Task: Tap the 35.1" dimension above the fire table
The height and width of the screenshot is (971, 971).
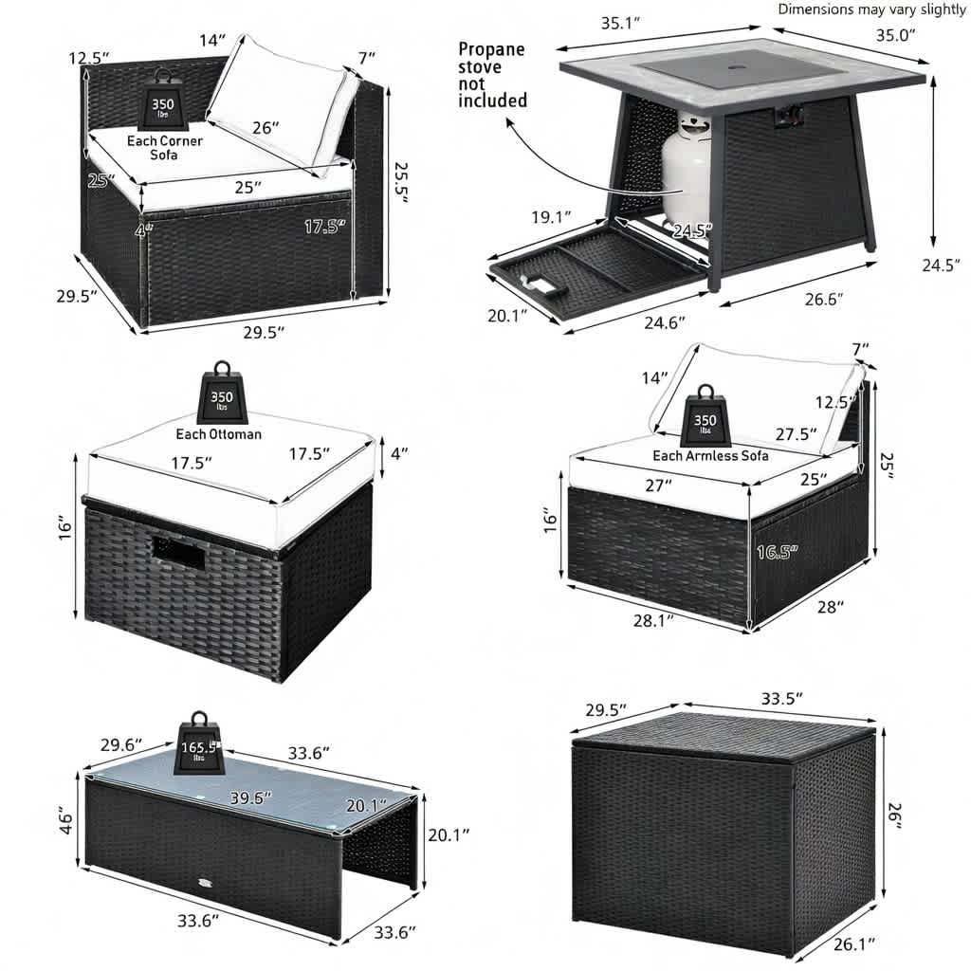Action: click(x=620, y=24)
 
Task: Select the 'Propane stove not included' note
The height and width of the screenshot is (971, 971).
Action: click(x=492, y=75)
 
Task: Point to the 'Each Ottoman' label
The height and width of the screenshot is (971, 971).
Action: click(x=219, y=434)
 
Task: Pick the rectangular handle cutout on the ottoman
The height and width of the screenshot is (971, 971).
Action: click(x=178, y=553)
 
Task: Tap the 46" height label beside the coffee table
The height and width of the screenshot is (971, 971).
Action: click(x=65, y=819)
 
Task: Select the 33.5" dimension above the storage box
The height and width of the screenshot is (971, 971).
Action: click(x=782, y=699)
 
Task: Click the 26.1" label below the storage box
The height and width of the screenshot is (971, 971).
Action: click(x=854, y=944)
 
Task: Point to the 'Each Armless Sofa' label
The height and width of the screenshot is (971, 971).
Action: click(x=710, y=456)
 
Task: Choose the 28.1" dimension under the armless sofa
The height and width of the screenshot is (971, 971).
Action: click(x=653, y=620)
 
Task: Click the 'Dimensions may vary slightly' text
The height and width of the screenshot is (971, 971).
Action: click(x=871, y=9)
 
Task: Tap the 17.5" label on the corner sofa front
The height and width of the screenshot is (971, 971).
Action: click(x=325, y=227)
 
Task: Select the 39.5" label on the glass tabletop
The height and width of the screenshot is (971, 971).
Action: click(x=250, y=797)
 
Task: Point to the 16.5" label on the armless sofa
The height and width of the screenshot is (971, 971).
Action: click(x=778, y=551)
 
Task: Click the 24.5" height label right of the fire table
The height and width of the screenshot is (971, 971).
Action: click(x=941, y=266)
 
